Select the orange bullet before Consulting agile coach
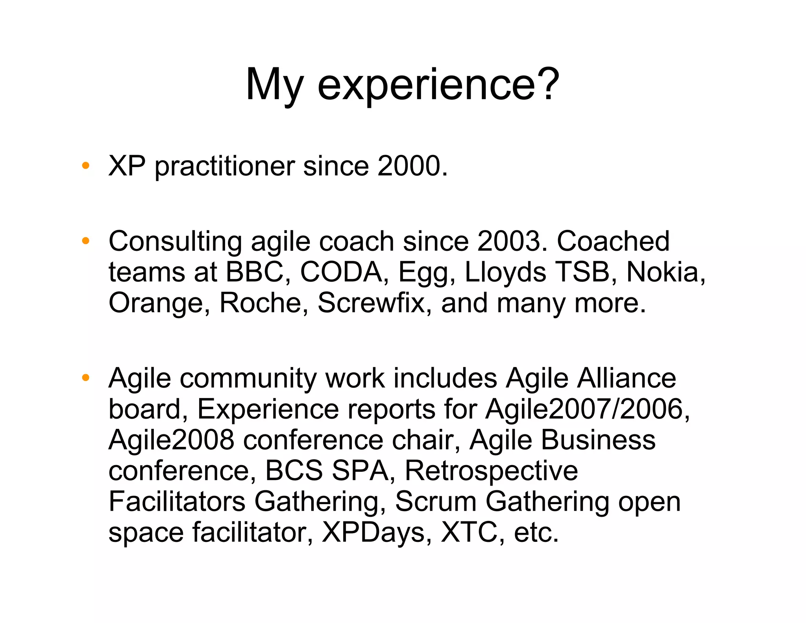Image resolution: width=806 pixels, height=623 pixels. click(x=85, y=241)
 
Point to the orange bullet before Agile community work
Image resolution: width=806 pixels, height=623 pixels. click(x=85, y=378)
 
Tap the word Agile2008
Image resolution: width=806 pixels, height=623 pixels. click(x=172, y=440)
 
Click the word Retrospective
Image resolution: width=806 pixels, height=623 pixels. click(x=491, y=471)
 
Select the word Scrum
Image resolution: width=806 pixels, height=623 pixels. click(x=435, y=501)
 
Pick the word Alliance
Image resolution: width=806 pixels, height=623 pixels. click(x=627, y=378)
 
